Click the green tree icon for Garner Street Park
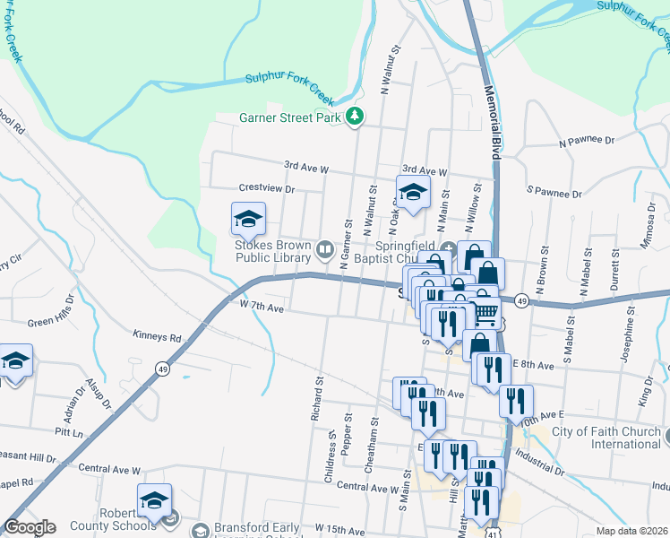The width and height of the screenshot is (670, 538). (356, 116)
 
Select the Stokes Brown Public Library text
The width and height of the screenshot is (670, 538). (272, 253)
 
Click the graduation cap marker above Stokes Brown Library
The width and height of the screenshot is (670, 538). (249, 218)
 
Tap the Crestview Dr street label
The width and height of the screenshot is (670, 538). (267, 189)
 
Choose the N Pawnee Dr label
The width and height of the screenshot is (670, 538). (587, 141)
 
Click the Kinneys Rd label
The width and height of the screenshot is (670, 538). (157, 337)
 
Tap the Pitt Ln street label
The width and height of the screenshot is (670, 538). (67, 433)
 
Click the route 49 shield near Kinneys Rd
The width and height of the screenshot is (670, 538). (162, 368)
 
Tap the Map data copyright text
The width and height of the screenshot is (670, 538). (632, 530)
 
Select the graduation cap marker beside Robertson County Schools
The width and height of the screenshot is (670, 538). (154, 499)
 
